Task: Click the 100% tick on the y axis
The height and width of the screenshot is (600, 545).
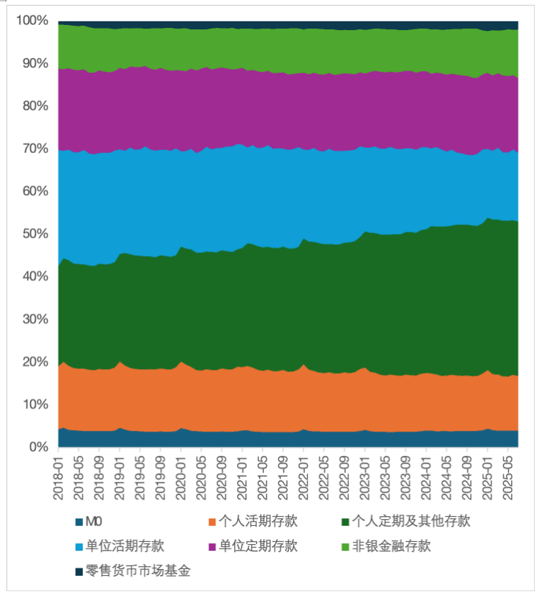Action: pyautogui.click(x=32, y=21)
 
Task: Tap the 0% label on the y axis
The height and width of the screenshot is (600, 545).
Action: pyautogui.click(x=38, y=447)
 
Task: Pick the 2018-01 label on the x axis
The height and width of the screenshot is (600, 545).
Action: pyautogui.click(x=59, y=478)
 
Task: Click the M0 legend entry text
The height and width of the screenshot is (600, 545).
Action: pyautogui.click(x=93, y=522)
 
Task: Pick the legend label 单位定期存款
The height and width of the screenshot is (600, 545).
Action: pyautogui.click(x=259, y=546)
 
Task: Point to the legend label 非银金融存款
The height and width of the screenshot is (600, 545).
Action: pyautogui.click(x=391, y=546)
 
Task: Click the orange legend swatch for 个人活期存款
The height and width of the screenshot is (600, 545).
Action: pyautogui.click(x=213, y=522)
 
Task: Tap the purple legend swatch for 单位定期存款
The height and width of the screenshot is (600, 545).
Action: pyautogui.click(x=213, y=546)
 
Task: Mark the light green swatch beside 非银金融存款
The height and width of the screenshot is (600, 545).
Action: pyautogui.click(x=347, y=546)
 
